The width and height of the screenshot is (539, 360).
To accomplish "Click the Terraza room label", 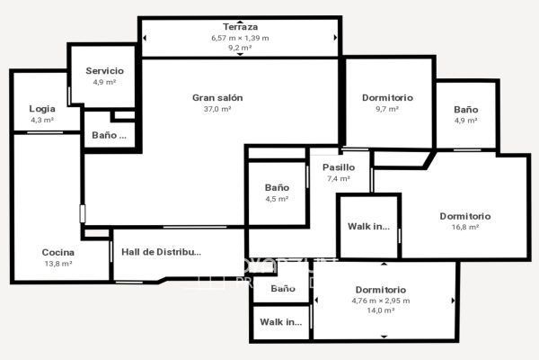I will coord(240,28).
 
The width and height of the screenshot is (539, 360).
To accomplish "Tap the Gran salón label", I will coord(217,97).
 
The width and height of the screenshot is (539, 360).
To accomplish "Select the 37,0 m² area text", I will coord(217,109).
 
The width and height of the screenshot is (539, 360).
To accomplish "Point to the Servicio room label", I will coord(105,70).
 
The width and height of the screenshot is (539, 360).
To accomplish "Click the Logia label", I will coord(42,109).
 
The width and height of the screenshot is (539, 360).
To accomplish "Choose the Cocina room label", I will coord(57,252).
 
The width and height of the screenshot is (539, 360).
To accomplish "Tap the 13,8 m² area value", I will coord(57,264).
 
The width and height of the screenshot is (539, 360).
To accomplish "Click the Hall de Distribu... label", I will coord(161,252).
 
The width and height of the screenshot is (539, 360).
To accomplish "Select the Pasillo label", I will coord(339,166).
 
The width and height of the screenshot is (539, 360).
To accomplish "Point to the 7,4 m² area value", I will coord(339,178).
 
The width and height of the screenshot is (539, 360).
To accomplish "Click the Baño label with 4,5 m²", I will coord(277,187).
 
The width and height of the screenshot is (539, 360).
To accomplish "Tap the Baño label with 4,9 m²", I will coord(466,109).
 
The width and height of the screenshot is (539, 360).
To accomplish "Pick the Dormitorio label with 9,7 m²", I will coord(387,97).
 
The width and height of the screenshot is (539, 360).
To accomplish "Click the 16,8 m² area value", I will coord(465,228).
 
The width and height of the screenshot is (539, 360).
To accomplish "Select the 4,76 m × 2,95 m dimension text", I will coord(381,300).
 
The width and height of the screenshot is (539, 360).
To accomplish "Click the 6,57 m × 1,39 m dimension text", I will coord(240,39).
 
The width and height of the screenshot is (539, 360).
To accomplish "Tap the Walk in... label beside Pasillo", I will coord(368,226).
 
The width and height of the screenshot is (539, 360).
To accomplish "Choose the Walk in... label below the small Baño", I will coord(281,321).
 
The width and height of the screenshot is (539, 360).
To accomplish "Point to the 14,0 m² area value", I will coord(381,310).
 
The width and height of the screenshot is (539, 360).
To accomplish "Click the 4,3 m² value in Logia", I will coord(42,120).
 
